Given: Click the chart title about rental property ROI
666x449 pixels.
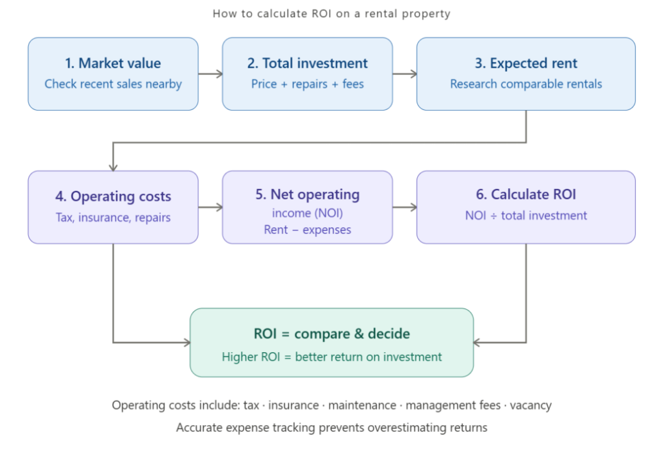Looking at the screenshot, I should pos(331,14).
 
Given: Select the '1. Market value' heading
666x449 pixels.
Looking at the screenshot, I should pos(113,63).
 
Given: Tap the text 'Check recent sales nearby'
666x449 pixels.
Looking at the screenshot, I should pos(113,84).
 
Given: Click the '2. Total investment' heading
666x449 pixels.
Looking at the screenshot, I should pos(307,63).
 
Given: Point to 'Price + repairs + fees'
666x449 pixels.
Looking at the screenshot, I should pos(307,84).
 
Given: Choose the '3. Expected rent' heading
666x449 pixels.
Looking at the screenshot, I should pos(526,63).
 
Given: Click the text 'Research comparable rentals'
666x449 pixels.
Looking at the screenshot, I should pos(526,84).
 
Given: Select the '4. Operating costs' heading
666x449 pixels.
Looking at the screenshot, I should pos(113,197).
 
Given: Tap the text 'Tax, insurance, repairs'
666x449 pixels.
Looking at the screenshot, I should pos(113,218).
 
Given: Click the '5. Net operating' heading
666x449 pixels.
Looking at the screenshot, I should pos(307,194).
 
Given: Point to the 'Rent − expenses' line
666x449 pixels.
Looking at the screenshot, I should pos(307,230).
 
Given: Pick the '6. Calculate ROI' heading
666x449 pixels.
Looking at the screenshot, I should pos(526,194).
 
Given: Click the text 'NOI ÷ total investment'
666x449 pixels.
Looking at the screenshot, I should pos(526,216).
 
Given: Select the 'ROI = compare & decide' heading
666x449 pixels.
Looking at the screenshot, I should pos(331,334).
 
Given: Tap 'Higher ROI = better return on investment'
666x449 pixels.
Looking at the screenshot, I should pos(331,357).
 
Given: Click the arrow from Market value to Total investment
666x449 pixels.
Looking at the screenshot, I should pos(210,74).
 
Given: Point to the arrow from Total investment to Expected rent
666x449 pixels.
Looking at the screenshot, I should pos(404,74).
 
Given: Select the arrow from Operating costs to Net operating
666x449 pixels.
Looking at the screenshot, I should pos(210,207).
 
